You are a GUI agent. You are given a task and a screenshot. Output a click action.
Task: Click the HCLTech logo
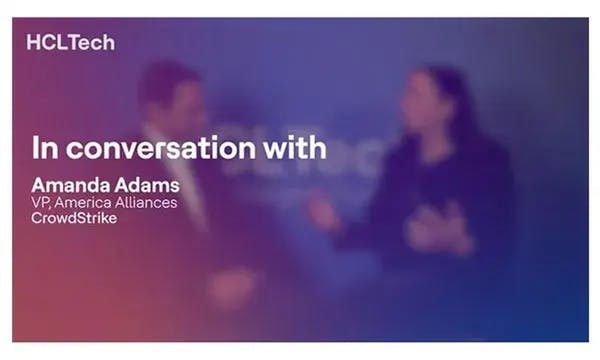[x=71, y=43]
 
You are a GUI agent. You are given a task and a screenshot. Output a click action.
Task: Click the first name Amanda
[x=67, y=186]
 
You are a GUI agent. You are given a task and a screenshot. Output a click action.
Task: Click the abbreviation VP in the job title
[x=41, y=203]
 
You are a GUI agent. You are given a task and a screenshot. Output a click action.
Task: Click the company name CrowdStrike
[x=74, y=218]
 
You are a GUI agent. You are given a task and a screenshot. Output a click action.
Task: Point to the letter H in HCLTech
[x=35, y=43]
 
